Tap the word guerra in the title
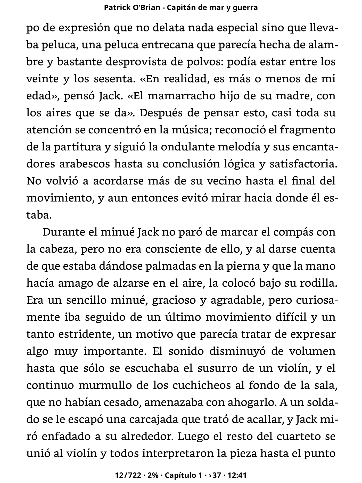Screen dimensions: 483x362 click(245, 8)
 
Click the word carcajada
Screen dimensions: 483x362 click(157, 420)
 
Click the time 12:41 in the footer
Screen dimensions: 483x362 click(237, 475)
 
